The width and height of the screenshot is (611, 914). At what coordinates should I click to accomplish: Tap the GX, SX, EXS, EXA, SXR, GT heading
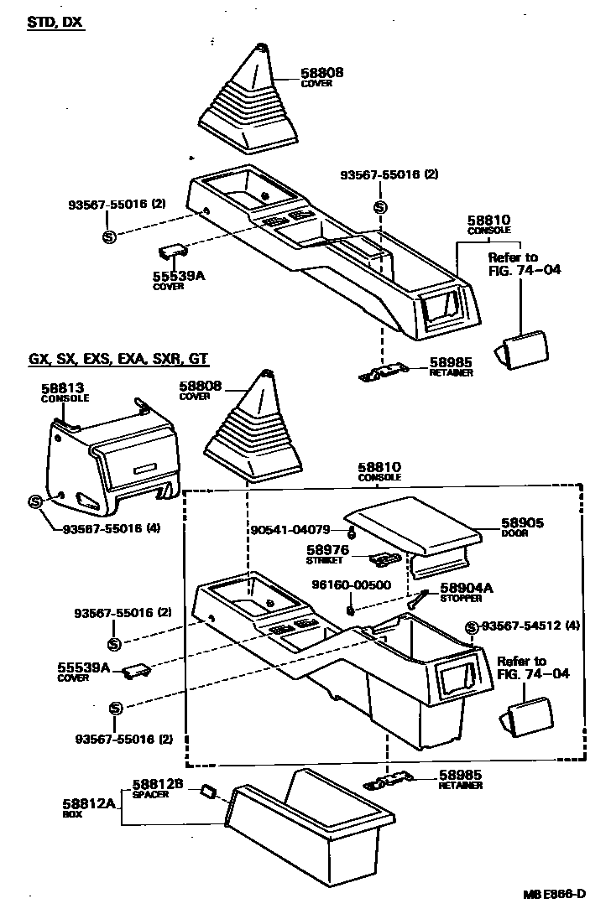pos(117,360)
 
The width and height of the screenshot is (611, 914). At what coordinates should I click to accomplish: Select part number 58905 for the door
pos(522,522)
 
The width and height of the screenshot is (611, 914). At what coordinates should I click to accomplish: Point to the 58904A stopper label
pos(462,588)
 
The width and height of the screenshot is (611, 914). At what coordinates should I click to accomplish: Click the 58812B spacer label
pos(156,785)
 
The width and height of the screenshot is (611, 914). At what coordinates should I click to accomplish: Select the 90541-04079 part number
pos(290,530)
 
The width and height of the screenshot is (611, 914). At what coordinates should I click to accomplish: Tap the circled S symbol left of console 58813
pos(35,501)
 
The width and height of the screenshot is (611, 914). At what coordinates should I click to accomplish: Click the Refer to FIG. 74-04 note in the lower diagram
pos(521,667)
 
